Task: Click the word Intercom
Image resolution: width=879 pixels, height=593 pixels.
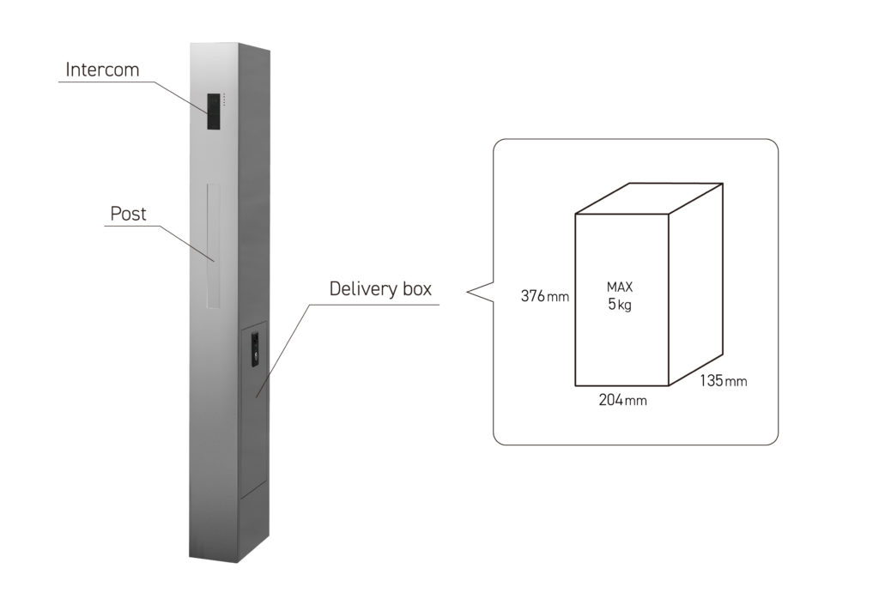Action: click(x=102, y=70)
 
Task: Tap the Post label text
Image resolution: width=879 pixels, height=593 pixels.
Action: click(x=129, y=213)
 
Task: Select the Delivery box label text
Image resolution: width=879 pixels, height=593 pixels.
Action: click(x=380, y=288)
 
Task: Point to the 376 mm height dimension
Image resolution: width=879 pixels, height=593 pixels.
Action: click(x=544, y=297)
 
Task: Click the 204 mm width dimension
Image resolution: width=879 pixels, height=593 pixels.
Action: click(x=622, y=401)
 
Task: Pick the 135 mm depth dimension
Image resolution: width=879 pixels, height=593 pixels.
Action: click(x=722, y=380)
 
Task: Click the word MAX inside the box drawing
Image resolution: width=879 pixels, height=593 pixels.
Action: click(x=620, y=287)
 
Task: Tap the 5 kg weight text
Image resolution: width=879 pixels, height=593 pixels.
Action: click(x=620, y=305)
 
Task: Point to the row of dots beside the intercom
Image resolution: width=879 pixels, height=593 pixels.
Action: click(x=225, y=100)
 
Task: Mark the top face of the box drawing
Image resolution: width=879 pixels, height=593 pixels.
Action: click(x=649, y=198)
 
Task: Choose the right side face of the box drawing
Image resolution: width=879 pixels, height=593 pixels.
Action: click(x=695, y=283)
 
